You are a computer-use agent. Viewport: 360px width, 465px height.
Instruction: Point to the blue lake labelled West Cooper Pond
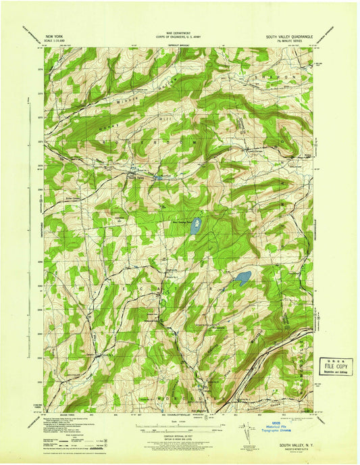click(x=196, y=225)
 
